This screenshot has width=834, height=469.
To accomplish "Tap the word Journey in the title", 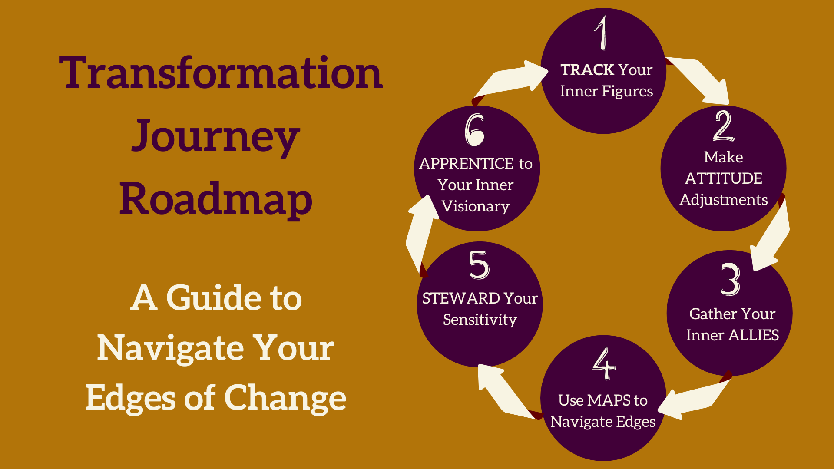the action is tap(215, 137).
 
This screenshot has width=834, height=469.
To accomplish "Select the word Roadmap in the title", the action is tap(215, 199).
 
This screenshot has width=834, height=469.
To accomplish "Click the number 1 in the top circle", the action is tap(602, 33).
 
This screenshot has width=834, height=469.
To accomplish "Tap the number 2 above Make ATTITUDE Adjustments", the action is tap(723, 126).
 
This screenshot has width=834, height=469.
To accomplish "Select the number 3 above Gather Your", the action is tap(730, 279).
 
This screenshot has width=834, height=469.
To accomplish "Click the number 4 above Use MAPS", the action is tap(604, 364).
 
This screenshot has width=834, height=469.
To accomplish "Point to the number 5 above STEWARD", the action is tap(479, 265).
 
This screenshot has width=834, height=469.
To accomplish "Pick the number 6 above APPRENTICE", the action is tap(474, 130).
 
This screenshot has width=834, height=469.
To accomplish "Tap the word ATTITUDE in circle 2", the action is tap(723, 178).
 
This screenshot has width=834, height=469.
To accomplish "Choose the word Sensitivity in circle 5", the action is tap(480, 320).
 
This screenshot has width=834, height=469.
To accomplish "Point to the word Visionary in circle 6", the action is tap(475, 206).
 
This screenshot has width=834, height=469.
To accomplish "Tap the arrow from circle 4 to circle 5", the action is tap(504, 391).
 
